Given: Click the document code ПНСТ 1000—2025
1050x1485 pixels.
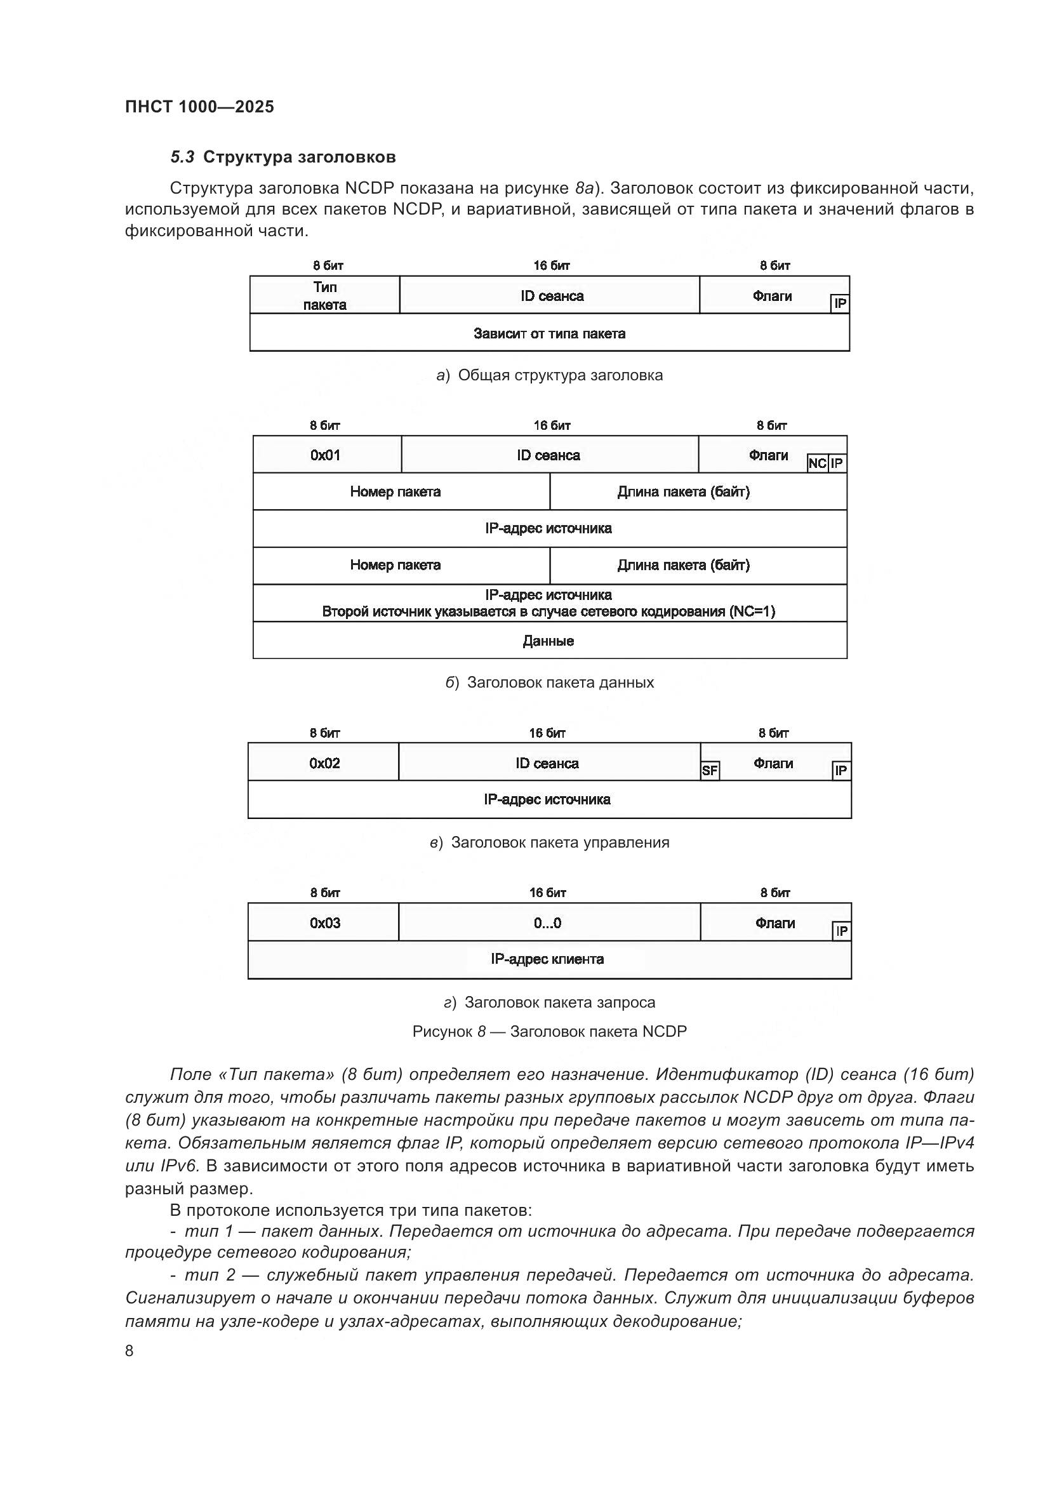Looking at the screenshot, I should click(x=199, y=107).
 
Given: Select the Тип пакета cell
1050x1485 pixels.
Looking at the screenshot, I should click(x=324, y=296).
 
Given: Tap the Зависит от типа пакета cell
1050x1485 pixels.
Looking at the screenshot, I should click(x=550, y=334).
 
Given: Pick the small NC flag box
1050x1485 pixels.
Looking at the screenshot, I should click(x=817, y=463).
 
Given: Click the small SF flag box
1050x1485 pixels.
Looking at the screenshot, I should click(x=710, y=770).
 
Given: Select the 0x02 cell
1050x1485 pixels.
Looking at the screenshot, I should click(x=324, y=763).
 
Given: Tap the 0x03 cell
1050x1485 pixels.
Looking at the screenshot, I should click(x=324, y=923).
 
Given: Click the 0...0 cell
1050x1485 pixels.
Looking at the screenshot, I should click(x=548, y=923).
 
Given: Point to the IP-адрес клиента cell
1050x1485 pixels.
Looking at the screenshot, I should click(x=548, y=959).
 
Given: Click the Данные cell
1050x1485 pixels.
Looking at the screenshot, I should click(x=548, y=641).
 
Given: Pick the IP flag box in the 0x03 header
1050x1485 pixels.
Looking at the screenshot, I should click(x=841, y=931).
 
